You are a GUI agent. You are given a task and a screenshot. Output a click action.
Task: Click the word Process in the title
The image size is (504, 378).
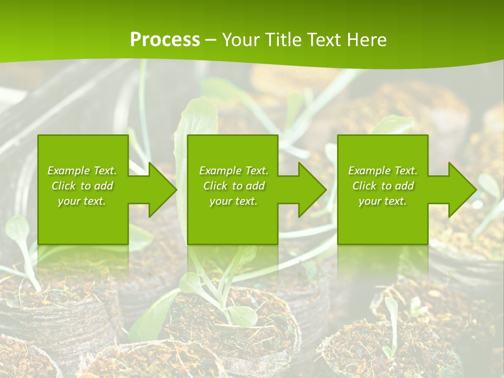165,40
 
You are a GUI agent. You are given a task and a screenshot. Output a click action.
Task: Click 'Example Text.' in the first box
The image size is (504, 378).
82,171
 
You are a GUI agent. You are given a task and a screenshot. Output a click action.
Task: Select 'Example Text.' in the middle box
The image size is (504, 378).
234,171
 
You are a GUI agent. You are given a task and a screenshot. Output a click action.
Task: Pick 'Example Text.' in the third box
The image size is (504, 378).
383,171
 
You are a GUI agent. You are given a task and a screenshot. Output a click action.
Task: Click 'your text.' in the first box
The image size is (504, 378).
82,201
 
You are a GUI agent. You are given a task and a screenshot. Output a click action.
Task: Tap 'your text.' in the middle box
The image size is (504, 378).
234,201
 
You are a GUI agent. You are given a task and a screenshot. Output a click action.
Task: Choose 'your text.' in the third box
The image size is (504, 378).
383,201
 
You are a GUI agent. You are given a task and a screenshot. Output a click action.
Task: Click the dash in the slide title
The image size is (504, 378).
211,40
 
